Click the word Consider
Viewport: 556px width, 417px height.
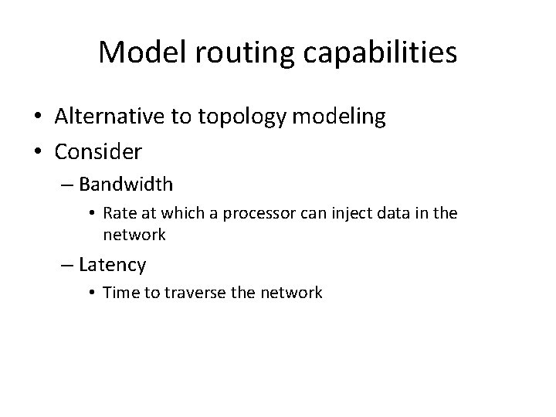(x=98, y=152)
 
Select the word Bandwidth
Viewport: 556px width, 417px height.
(x=126, y=185)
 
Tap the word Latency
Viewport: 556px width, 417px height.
(x=112, y=265)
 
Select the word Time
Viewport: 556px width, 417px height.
(x=117, y=292)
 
